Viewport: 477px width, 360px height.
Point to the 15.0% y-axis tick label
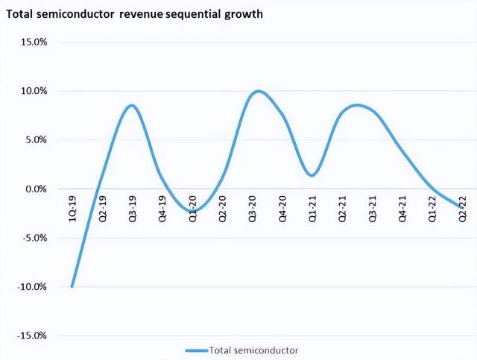pos(34,42)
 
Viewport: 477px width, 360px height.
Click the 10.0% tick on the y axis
pos(34,91)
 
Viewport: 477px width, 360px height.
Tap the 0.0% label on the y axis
pos(36,189)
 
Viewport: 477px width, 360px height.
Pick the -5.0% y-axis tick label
pos(34,238)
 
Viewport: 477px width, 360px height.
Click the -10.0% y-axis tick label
pos(32,287)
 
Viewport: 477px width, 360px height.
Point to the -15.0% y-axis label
pos(32,335)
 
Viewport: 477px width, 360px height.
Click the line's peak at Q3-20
pos(258,91)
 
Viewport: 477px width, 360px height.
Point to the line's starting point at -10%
pos(72,286)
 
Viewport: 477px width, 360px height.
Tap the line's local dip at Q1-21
pos(312,175)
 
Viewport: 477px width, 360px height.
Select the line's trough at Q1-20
pos(192,211)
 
